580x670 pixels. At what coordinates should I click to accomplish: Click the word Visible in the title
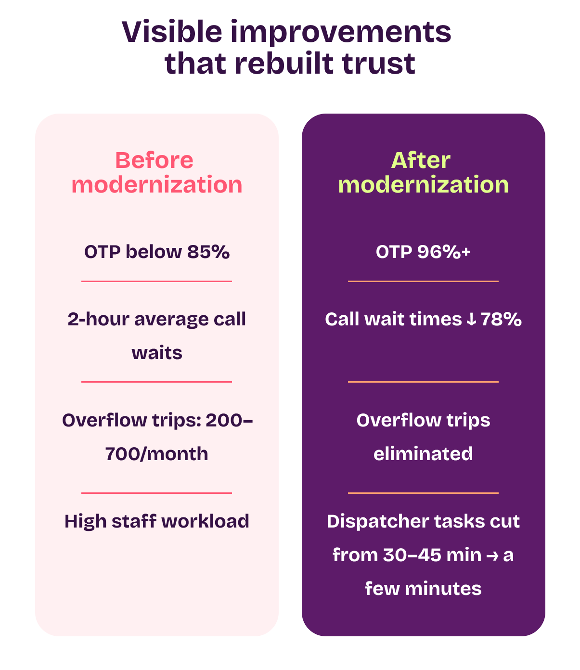coord(172,32)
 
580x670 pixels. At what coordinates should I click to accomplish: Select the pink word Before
coord(154,160)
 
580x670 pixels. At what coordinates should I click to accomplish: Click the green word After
coord(421,160)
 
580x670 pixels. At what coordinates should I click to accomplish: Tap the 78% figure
coord(501,319)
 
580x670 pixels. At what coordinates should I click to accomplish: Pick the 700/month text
coord(156,454)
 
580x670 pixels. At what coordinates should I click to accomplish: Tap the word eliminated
coord(423,454)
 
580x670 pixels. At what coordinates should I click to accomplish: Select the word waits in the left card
coord(157,353)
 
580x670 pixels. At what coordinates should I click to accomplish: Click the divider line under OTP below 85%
coord(156,281)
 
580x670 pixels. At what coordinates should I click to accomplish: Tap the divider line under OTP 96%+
coord(423,281)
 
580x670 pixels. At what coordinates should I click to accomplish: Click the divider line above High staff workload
coord(156,493)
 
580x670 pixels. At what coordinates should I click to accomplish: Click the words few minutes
coord(423,589)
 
